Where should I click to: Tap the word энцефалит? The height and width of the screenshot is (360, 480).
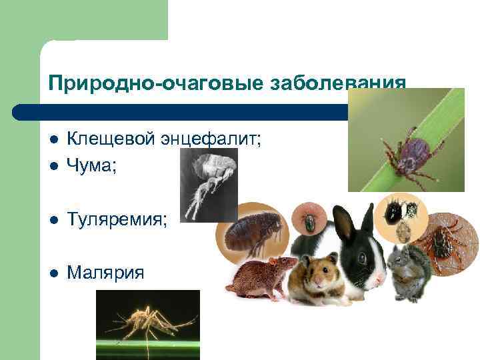coord(210,139)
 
